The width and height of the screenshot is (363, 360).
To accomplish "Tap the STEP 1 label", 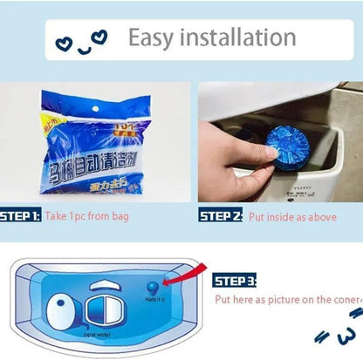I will point(19,215).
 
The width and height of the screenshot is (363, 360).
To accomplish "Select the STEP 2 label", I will point(220,215).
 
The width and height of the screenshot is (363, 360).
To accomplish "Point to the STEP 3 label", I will point(235,281).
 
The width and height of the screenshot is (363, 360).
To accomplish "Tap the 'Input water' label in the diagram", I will point(95,334).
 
